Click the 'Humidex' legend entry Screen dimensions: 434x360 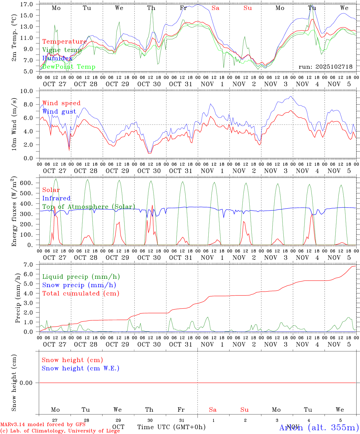(57, 58)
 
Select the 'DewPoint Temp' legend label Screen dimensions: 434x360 (69, 67)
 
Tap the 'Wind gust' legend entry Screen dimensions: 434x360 (59, 112)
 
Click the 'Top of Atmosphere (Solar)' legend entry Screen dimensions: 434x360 (89, 207)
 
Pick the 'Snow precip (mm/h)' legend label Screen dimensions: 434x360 (79, 285)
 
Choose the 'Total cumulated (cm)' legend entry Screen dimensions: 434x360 (81, 294)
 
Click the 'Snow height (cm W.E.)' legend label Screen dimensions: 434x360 (81, 368)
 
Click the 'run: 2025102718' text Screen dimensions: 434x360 (325, 67)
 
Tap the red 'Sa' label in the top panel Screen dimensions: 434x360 (215, 8)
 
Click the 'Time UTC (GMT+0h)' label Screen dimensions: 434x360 (171, 427)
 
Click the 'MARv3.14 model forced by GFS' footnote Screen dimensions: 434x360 (43, 425)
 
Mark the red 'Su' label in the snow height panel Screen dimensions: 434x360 (245, 410)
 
